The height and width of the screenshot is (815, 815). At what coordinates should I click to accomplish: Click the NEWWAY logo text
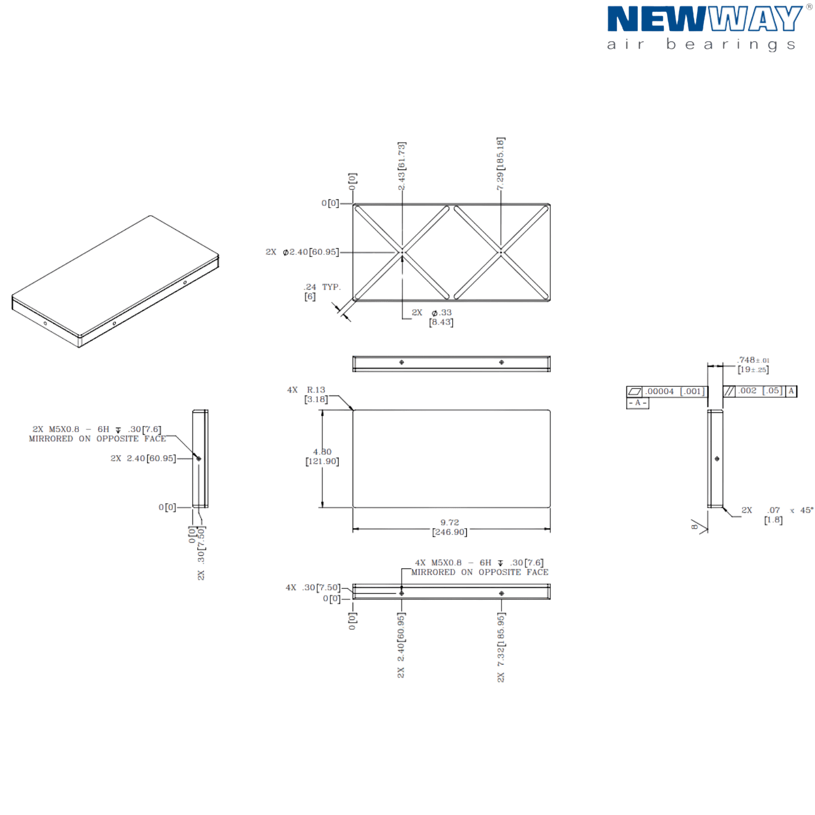(704, 20)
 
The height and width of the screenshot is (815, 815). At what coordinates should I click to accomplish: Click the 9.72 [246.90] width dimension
(449, 528)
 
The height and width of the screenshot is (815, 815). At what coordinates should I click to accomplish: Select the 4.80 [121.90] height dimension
(322, 457)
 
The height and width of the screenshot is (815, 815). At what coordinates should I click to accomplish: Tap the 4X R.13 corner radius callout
(308, 394)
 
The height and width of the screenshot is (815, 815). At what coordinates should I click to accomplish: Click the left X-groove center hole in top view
(402, 252)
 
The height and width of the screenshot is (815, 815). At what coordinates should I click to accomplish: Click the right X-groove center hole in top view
(501, 252)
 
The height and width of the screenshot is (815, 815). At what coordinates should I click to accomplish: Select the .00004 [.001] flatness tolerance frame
(667, 391)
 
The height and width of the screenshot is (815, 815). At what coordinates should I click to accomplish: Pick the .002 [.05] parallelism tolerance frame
(760, 391)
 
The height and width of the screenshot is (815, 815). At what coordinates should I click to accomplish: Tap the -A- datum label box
(637, 403)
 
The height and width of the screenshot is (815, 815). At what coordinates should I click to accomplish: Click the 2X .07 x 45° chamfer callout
(777, 514)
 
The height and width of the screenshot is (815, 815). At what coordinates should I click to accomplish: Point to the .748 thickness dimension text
(753, 365)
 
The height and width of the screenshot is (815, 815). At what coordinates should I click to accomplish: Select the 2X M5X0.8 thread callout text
(97, 434)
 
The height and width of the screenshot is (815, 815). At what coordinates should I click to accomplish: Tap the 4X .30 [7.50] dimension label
(312, 588)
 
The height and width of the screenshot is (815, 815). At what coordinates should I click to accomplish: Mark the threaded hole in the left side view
(199, 459)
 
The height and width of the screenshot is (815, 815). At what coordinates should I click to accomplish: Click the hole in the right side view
(717, 459)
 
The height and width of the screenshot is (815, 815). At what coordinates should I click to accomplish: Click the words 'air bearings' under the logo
(701, 45)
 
